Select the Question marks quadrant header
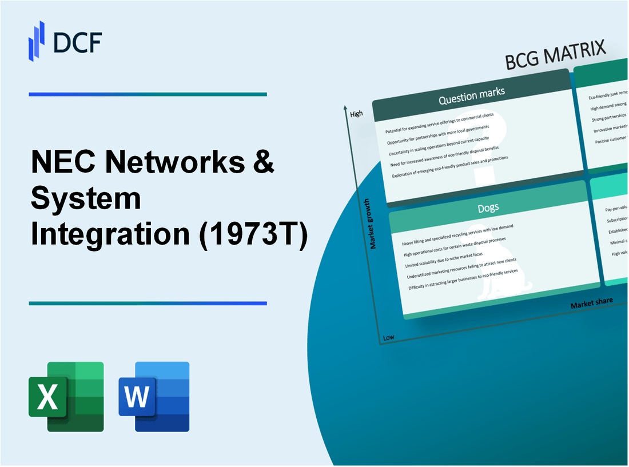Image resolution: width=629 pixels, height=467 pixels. (471, 98)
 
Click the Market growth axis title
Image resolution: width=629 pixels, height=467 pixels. (373, 223)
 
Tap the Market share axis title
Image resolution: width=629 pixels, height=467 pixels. (591, 302)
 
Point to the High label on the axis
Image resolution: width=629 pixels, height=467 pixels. (356, 114)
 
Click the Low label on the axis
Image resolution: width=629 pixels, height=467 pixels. (388, 337)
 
